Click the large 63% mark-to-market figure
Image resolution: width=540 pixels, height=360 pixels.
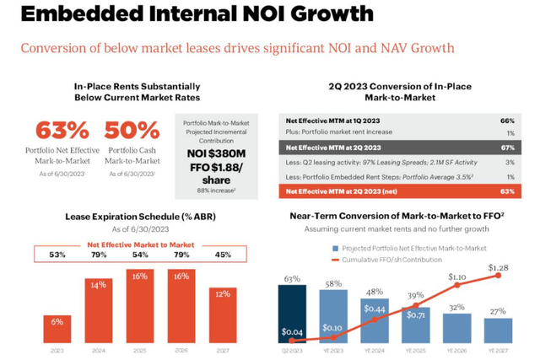click(62, 131)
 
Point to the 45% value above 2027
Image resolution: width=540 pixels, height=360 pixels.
click(223, 254)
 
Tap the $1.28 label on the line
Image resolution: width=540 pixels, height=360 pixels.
click(499, 267)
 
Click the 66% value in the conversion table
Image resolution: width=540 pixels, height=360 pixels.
click(507, 120)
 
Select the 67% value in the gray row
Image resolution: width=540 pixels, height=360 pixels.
click(507, 148)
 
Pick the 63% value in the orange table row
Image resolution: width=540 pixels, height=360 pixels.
click(507, 191)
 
